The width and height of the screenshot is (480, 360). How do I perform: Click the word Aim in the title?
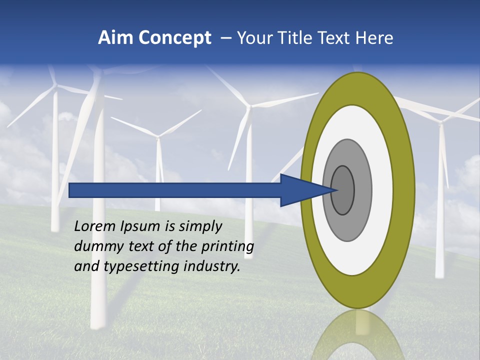pyautogui.click(x=115, y=38)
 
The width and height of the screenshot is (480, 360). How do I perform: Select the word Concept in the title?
pyautogui.click(x=174, y=38)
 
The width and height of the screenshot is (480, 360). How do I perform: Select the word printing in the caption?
pyautogui.click(x=227, y=246)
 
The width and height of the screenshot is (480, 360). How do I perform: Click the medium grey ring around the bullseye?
pyautogui.click(x=362, y=190)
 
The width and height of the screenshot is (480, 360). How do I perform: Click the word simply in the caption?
pyautogui.click(x=200, y=226)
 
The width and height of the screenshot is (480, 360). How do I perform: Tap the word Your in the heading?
pyautogui.click(x=254, y=38)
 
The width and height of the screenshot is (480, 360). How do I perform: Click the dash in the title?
pyautogui.click(x=225, y=38)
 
